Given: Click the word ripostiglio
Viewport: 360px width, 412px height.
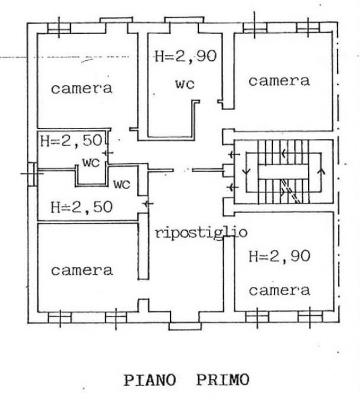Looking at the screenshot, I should pos(200,233).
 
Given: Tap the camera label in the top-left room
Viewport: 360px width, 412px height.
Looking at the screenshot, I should pos(82,88).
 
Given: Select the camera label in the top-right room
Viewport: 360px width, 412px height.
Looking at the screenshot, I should pos(279,81).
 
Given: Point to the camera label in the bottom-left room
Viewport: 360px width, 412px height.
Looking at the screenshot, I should pos(82,270).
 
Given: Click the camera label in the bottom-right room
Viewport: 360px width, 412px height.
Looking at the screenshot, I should pos(279,290).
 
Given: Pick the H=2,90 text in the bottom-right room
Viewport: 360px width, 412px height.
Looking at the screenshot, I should pos(279,256).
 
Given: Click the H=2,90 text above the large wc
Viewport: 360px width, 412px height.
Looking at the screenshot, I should pos(184,56).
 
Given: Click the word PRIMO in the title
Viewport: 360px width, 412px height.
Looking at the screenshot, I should pos(222,381).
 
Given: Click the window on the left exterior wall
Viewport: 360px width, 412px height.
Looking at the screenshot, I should pos(32,173).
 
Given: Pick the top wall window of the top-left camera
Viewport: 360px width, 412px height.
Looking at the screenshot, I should pos(58,27).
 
